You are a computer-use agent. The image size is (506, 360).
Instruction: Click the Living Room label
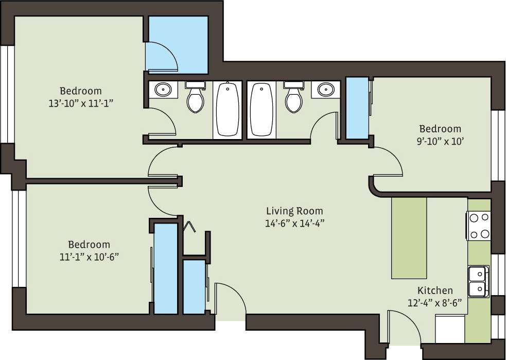click(294, 211)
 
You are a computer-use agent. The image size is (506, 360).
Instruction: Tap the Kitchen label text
click(435, 290)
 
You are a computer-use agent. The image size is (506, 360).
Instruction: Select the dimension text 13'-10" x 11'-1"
click(80, 103)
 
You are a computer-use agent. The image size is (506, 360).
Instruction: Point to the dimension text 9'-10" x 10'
click(440, 140)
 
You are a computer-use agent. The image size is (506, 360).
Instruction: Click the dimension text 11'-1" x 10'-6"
click(89, 256)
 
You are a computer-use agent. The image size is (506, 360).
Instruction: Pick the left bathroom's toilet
click(195, 98)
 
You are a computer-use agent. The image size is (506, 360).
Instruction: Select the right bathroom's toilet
click(293, 98)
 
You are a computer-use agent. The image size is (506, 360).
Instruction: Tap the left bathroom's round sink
click(163, 90)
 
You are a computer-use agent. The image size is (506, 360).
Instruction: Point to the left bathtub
click(227, 109)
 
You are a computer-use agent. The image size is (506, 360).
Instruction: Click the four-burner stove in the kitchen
click(479, 226)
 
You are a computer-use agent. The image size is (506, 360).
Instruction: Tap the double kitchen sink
click(479, 281)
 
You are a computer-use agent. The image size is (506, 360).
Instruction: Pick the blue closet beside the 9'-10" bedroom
click(356, 108)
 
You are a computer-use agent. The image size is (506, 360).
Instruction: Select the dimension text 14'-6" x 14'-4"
click(294, 223)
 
